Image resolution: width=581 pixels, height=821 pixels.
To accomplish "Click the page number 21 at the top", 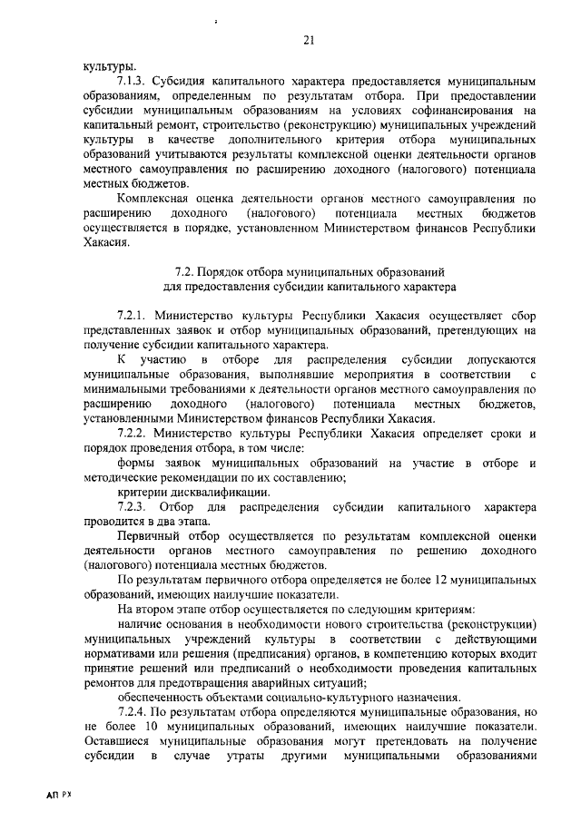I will coord(308,40).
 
